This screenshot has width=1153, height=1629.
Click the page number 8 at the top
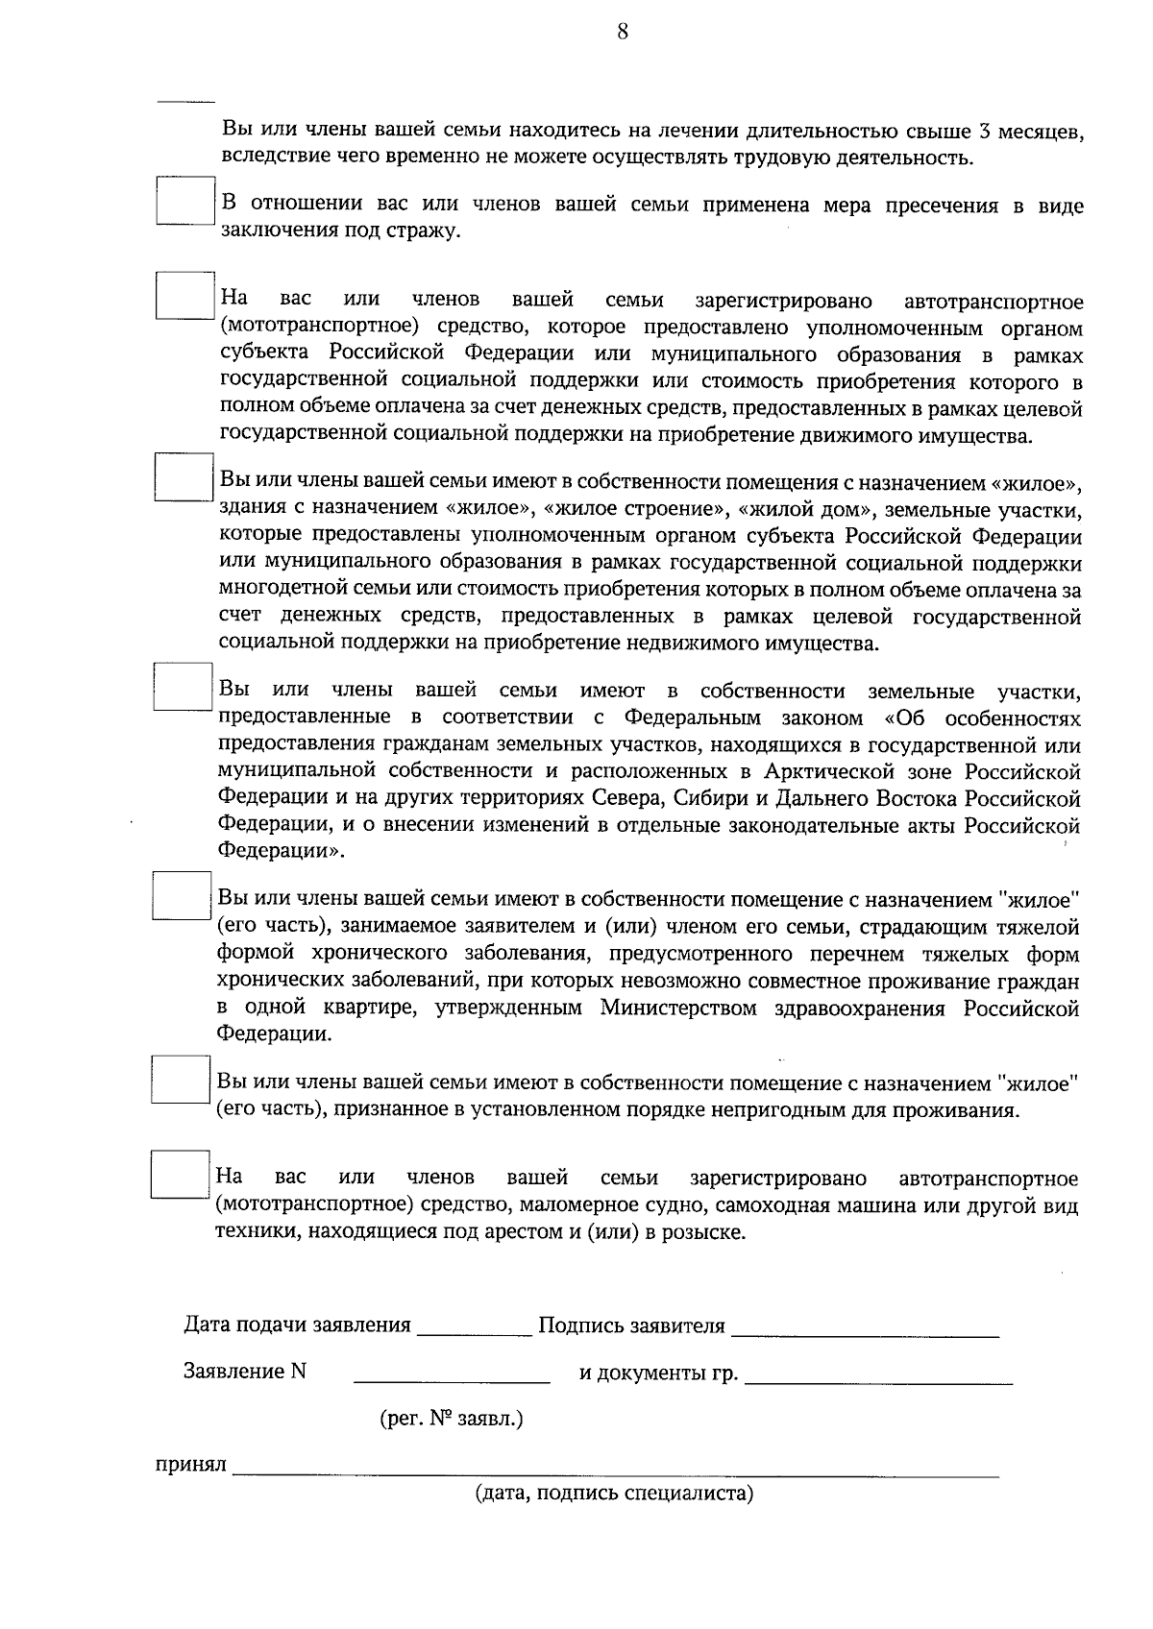(622, 33)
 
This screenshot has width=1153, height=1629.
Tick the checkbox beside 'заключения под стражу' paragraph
(184, 201)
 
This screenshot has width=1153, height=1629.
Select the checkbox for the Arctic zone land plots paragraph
(183, 686)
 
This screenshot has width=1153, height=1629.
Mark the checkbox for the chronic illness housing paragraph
(182, 895)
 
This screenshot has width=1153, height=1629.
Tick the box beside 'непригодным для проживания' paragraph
(181, 1079)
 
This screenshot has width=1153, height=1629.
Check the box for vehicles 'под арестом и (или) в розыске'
(181, 1174)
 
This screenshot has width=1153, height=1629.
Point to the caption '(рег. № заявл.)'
(452, 1418)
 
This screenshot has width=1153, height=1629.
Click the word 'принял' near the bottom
(191, 1465)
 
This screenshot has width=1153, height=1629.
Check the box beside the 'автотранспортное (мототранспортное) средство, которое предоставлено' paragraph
(184, 296)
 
